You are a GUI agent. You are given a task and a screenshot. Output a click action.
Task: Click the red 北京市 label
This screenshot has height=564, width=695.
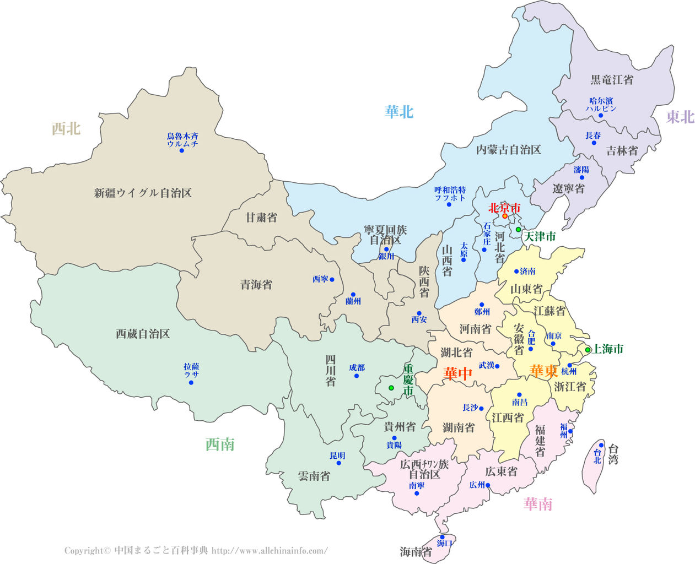[x=504, y=208]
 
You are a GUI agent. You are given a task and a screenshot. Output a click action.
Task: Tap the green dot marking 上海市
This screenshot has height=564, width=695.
[x=588, y=350]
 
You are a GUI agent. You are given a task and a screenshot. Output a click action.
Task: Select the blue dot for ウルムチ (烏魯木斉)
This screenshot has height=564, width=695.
[x=181, y=150]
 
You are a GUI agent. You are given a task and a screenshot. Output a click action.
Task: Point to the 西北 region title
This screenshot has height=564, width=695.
[x=66, y=129]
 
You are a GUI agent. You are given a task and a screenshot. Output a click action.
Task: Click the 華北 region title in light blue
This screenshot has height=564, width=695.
[x=399, y=112]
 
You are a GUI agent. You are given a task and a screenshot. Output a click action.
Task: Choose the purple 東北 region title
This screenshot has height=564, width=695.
[x=680, y=117]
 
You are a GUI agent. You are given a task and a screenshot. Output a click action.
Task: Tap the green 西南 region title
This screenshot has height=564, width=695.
[x=220, y=444]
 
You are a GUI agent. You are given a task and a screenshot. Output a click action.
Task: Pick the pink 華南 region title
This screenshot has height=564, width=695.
[x=537, y=504]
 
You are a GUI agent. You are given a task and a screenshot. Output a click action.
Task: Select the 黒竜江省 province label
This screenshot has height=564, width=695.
[x=612, y=80]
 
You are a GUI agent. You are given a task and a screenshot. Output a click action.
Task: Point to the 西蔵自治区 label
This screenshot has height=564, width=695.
[x=143, y=334]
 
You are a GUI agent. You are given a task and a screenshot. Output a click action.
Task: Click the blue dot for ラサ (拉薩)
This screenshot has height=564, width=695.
[x=191, y=382]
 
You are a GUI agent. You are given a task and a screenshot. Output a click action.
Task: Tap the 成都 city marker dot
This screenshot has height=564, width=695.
[x=357, y=376]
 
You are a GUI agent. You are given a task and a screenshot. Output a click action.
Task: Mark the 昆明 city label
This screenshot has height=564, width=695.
[x=337, y=455]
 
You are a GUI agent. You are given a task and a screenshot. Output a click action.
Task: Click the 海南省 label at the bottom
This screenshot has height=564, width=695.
[x=416, y=551]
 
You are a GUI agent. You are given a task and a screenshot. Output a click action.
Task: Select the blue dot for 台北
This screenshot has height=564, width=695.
[x=601, y=446]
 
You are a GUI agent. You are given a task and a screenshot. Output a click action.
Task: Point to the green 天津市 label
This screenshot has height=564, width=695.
[x=539, y=237]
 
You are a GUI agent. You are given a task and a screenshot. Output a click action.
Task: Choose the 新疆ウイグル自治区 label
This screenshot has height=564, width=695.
[x=143, y=193]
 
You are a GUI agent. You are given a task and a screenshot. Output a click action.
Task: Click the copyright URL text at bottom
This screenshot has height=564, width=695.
[x=270, y=550]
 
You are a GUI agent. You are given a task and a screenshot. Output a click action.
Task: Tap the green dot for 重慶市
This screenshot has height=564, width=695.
[x=391, y=388]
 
